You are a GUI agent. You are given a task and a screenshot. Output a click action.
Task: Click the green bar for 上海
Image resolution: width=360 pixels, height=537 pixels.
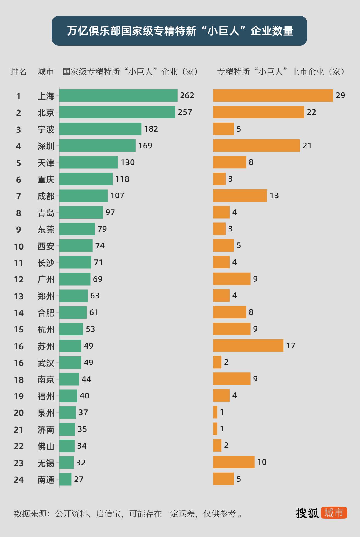[118, 95]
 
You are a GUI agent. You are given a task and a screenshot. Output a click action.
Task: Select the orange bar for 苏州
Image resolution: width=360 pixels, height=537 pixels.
[248, 346]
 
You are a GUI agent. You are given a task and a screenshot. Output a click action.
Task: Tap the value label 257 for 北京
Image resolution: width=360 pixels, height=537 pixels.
[185, 112]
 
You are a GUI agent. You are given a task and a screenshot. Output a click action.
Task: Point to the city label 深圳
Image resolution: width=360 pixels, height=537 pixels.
[46, 146]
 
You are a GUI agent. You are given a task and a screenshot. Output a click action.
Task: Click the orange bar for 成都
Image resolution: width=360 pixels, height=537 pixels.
[240, 196]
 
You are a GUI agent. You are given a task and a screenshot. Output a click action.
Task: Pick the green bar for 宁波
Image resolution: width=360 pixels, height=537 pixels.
[100, 129]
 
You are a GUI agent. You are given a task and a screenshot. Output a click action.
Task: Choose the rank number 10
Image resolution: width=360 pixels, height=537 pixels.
[19, 246]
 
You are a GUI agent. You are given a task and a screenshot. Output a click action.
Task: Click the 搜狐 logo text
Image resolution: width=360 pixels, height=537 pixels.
[307, 513]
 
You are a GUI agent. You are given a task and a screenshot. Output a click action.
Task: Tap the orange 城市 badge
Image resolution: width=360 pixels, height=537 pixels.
[334, 513]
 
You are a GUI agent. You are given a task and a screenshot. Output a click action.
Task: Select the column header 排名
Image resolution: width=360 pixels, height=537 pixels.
[19, 72]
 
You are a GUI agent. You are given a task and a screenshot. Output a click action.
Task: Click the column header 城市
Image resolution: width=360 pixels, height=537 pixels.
[46, 72]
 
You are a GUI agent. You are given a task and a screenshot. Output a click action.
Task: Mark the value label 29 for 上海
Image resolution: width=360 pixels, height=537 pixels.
[340, 95]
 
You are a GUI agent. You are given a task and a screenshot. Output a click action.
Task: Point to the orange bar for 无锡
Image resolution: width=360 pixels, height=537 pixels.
[234, 462]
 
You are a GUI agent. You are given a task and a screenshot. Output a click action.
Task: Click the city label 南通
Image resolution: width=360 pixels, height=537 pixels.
[46, 479]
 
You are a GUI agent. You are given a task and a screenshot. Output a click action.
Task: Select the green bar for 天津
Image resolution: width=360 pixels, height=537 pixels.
[88, 162]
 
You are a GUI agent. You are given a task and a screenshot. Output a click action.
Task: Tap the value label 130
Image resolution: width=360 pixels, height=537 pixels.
[128, 162]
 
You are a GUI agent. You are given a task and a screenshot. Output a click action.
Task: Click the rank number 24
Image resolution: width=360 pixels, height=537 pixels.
[19, 479]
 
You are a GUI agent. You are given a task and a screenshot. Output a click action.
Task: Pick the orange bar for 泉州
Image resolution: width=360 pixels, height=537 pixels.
[215, 412]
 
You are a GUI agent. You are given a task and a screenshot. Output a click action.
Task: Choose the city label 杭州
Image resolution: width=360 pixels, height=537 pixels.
[46, 329]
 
